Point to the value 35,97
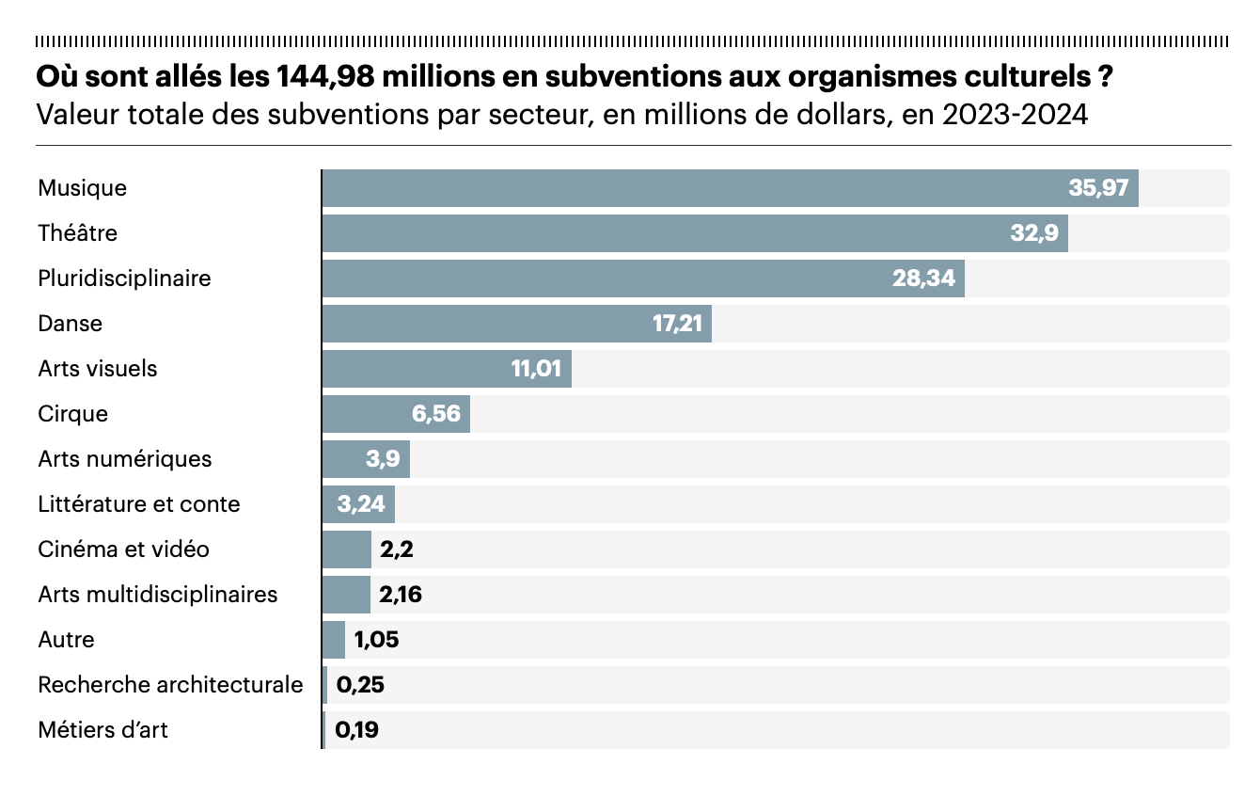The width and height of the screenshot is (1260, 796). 1098,188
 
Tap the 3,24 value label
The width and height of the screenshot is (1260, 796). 361,504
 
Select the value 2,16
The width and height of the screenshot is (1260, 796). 401,595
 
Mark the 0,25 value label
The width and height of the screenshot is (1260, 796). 360,685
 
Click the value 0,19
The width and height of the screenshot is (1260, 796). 357,730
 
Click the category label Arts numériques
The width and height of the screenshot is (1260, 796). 125,459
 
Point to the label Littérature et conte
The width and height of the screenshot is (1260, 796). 139,504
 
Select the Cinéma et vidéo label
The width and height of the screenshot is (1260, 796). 123,549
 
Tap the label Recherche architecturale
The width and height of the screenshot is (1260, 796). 170,685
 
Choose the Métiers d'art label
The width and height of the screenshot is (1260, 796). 103,730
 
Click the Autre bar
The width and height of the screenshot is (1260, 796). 334,640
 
